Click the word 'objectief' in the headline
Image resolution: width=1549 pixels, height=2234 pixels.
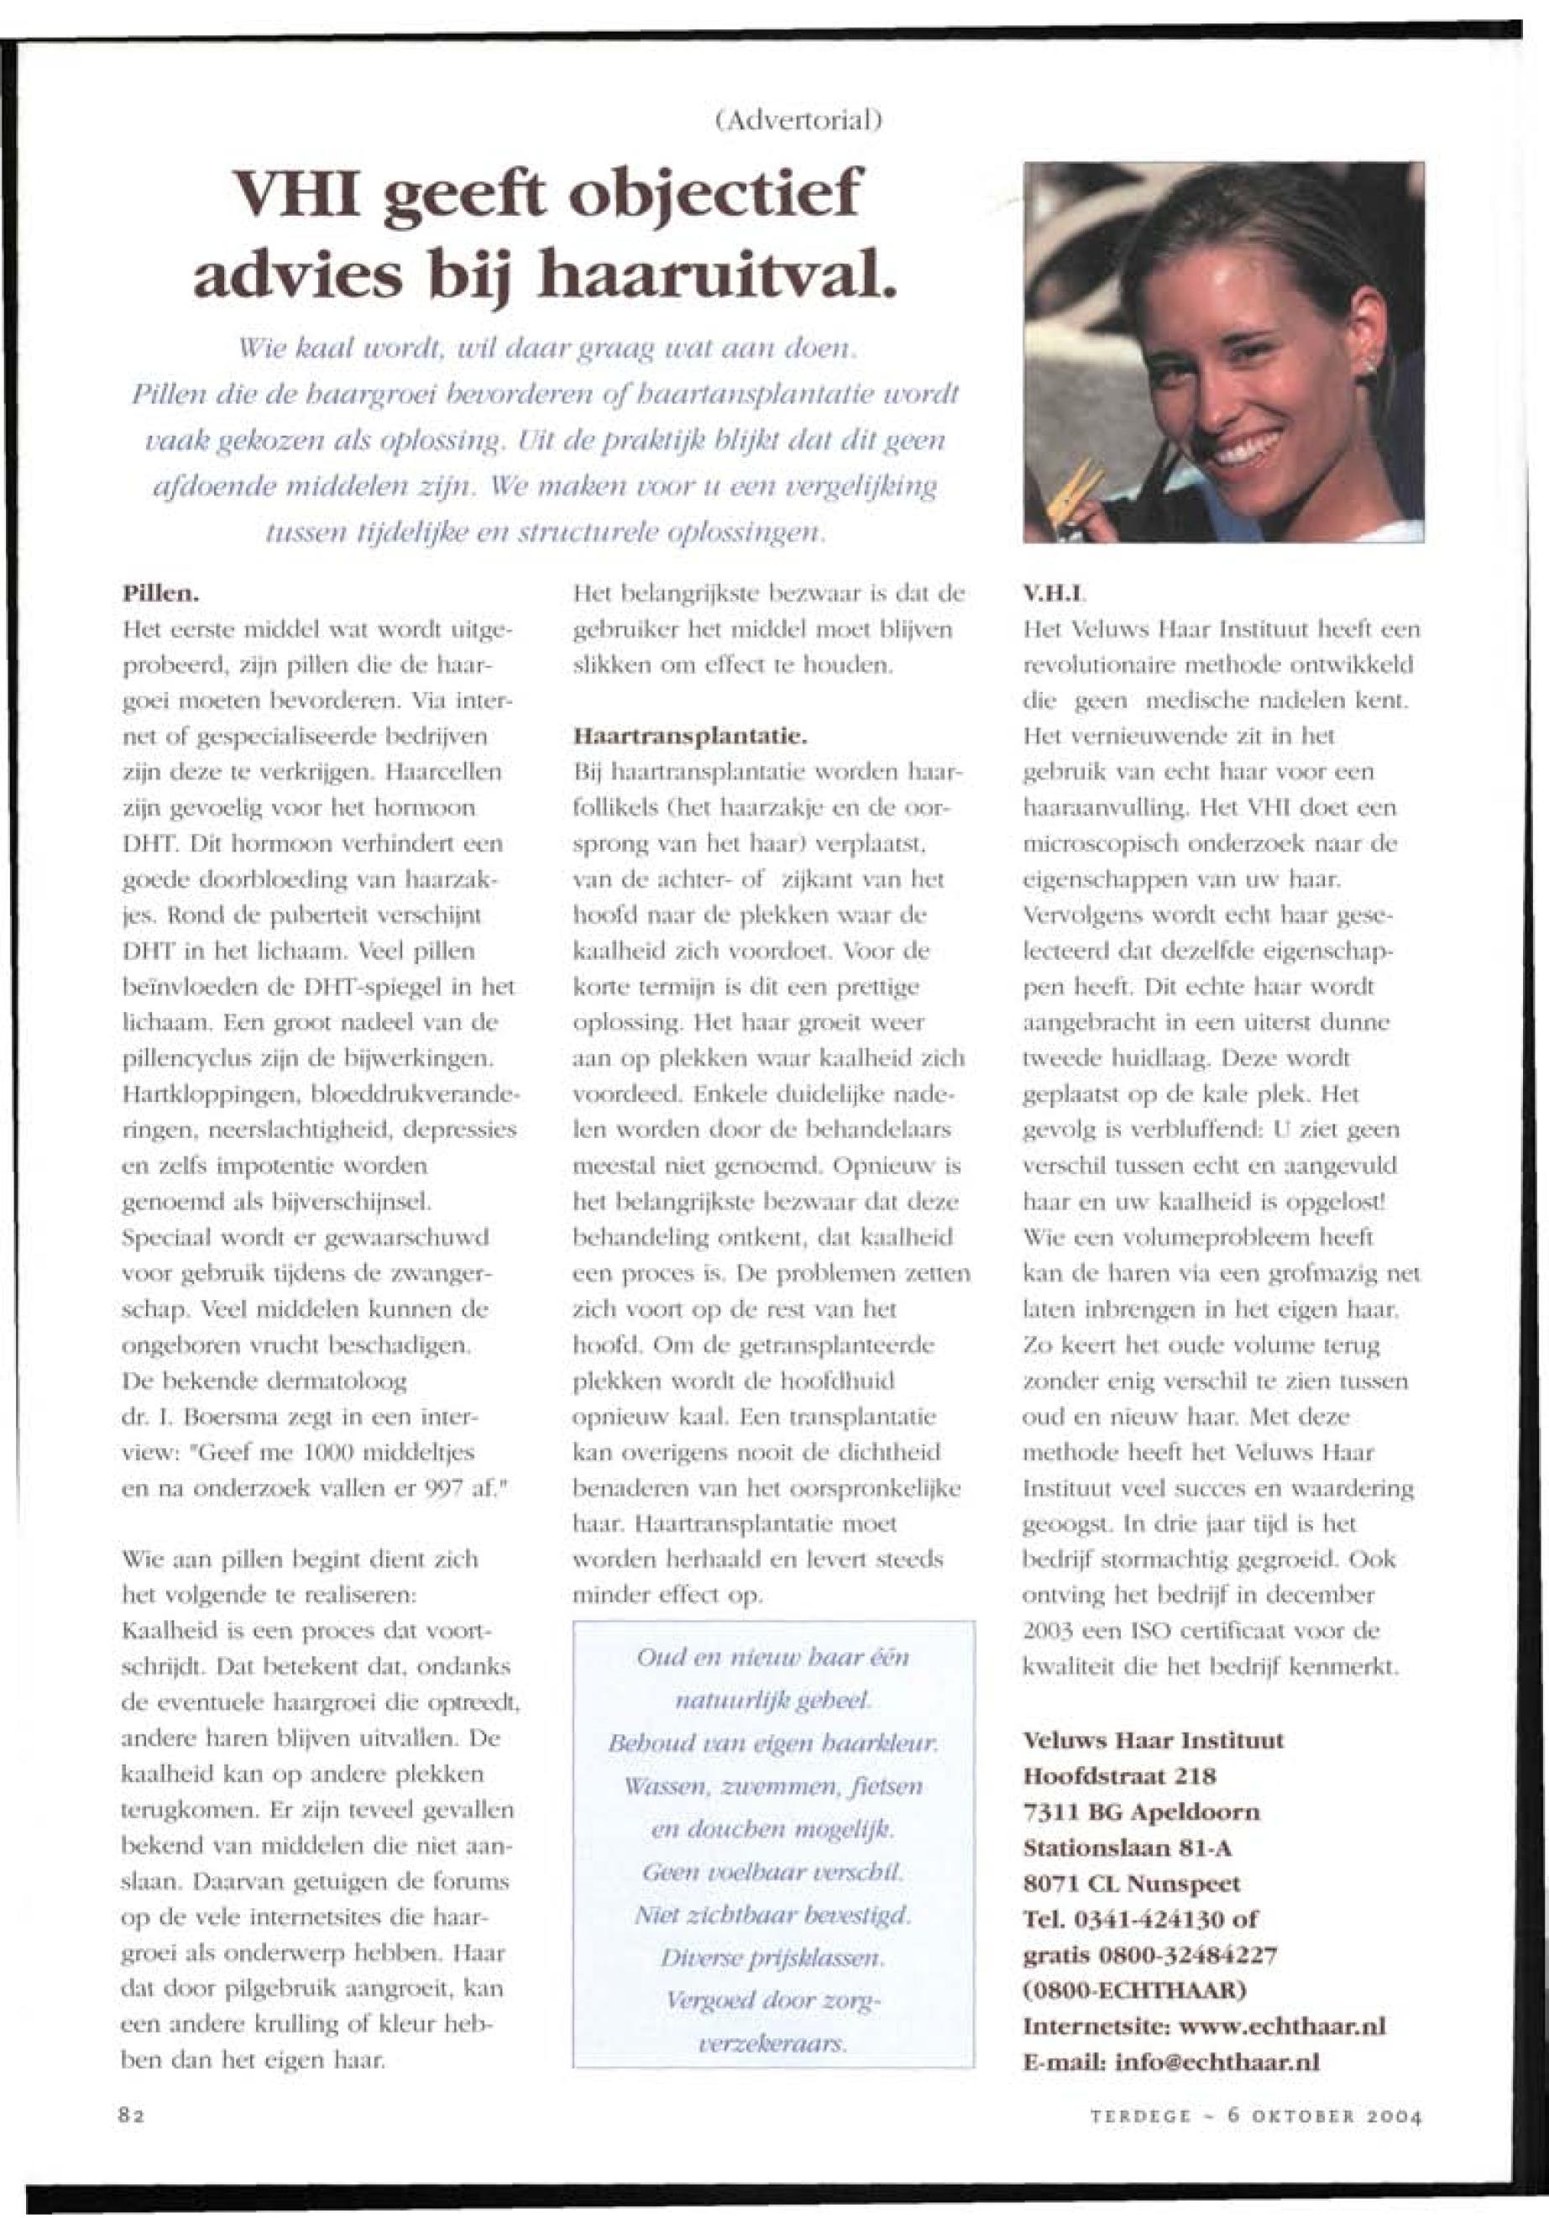pyautogui.click(x=715, y=195)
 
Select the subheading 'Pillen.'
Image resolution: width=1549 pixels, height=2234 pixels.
pyautogui.click(x=161, y=591)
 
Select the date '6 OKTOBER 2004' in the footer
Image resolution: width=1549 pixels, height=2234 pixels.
pyautogui.click(x=1324, y=2116)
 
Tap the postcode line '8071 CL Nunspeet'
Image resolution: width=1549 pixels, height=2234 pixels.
pyautogui.click(x=1132, y=1884)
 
